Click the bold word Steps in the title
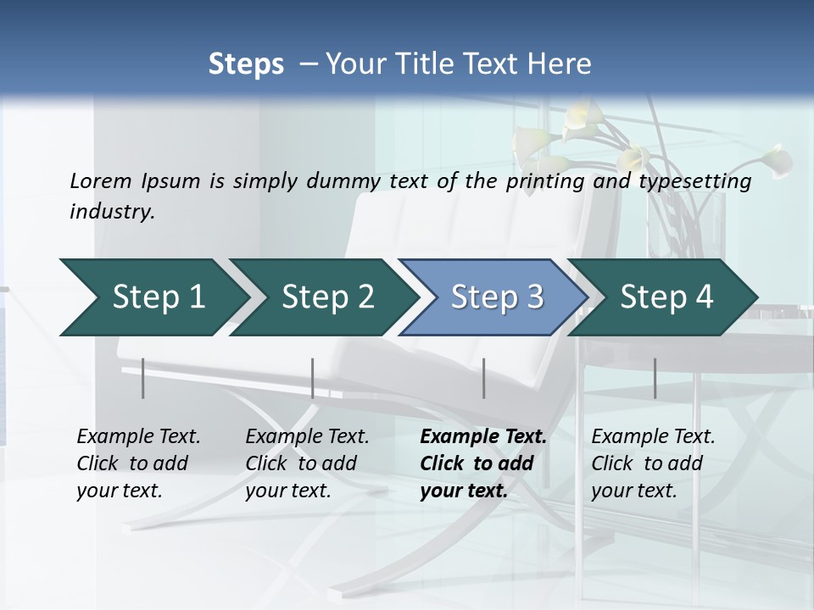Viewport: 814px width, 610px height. pos(246,64)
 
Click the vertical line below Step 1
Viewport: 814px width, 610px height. pos(143,378)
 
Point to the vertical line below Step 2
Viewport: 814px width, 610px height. pos(313,378)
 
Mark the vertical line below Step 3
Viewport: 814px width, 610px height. pos(483,378)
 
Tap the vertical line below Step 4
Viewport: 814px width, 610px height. pos(655,378)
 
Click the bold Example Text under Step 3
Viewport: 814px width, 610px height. pos(483,437)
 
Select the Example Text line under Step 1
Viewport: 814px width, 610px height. pos(138,437)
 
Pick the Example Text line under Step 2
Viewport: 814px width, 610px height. pos(307,437)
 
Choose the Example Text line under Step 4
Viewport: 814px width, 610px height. pos(653,437)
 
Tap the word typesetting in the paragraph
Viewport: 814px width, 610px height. pos(700,181)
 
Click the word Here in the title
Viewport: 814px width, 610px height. pos(559,64)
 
